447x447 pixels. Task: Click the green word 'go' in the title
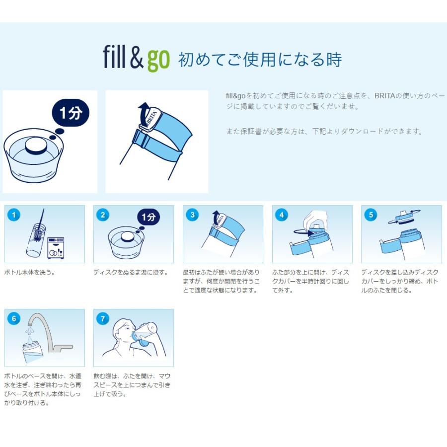158,60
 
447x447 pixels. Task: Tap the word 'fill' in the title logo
115,57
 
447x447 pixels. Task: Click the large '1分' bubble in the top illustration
71,113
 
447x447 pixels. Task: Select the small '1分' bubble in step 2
149,217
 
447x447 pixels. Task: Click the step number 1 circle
14,215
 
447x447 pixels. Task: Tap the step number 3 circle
192,215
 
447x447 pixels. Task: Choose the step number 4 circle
282,215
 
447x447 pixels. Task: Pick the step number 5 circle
371,215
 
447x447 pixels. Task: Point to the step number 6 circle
14,318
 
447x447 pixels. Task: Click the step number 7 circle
103,318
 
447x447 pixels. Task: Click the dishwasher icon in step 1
56,248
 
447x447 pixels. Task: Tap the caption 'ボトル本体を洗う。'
30,272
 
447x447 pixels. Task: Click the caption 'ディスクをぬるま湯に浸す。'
131,272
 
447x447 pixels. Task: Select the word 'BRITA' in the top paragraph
384,95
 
